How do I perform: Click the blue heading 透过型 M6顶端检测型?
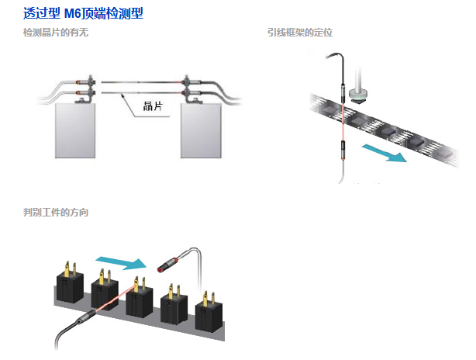click(x=83, y=13)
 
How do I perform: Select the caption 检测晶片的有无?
click(x=56, y=33)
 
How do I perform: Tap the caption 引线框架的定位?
click(x=300, y=33)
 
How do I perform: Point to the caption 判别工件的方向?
click(x=56, y=212)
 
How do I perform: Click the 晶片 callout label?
click(x=153, y=106)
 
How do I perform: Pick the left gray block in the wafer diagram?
click(x=75, y=130)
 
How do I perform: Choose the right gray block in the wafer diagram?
click(x=201, y=130)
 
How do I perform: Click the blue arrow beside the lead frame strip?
click(x=384, y=153)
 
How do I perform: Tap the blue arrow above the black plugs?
click(x=121, y=263)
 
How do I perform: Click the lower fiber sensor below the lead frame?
click(x=343, y=151)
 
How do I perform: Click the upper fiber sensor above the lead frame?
click(x=343, y=94)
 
